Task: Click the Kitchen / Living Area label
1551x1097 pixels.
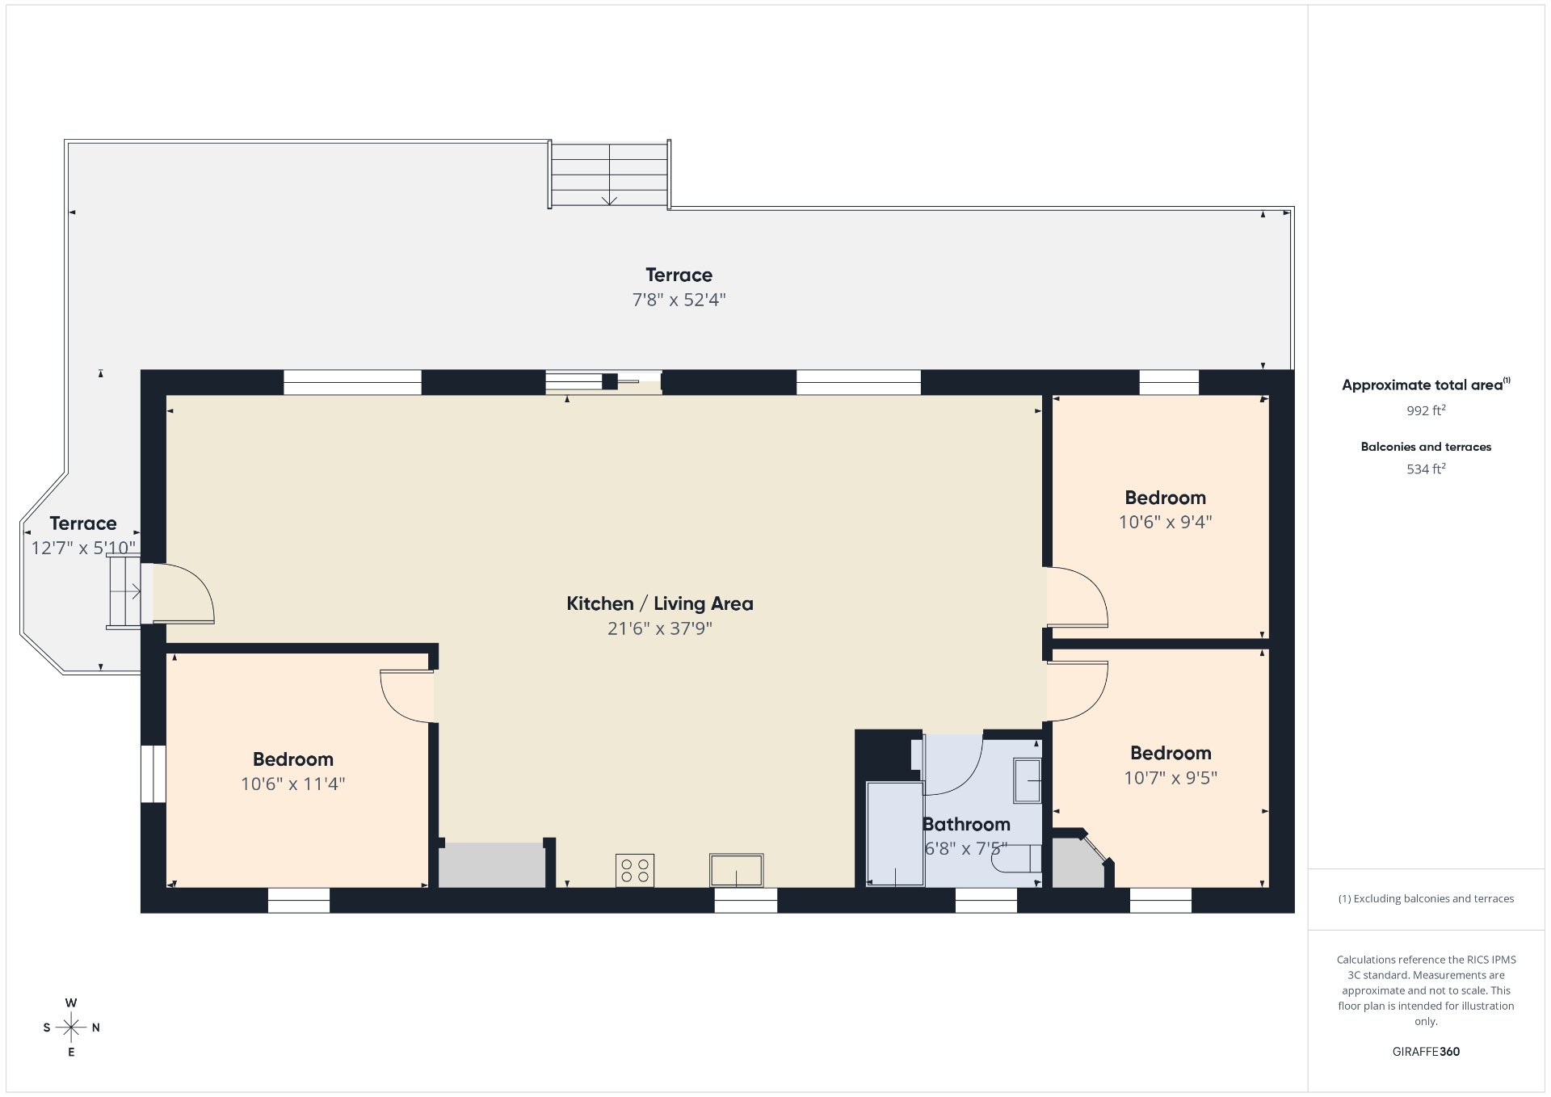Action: pyautogui.click(x=659, y=603)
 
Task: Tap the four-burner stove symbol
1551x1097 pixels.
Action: pyautogui.click(x=634, y=870)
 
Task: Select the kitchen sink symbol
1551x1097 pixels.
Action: pyautogui.click(x=736, y=870)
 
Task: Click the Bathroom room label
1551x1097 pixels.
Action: pyautogui.click(x=966, y=824)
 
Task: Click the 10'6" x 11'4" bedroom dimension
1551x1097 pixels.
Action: pyautogui.click(x=292, y=784)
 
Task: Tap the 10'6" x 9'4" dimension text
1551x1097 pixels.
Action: pyautogui.click(x=1165, y=522)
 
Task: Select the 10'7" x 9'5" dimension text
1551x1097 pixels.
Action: pyautogui.click(x=1171, y=778)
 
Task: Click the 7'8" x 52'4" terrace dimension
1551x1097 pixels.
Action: pyautogui.click(x=679, y=300)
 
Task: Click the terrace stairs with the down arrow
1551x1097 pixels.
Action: pyautogui.click(x=609, y=174)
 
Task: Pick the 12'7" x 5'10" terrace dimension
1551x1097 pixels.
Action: pyautogui.click(x=83, y=548)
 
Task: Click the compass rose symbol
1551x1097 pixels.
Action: pyautogui.click(x=71, y=1028)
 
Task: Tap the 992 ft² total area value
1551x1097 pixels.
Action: pyautogui.click(x=1426, y=410)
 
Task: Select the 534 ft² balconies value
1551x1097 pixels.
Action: pyautogui.click(x=1426, y=469)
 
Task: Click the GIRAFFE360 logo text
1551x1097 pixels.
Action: pyautogui.click(x=1426, y=1052)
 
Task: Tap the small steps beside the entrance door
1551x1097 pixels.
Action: pyautogui.click(x=124, y=591)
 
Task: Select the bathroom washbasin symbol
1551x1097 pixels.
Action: pyautogui.click(x=1028, y=780)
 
